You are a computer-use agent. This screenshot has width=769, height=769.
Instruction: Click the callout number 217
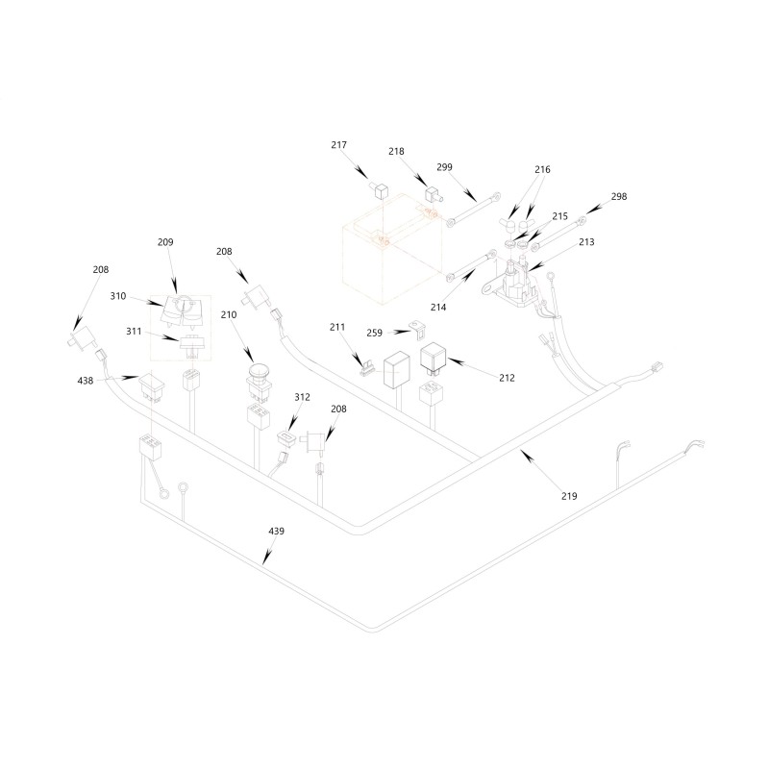(x=339, y=145)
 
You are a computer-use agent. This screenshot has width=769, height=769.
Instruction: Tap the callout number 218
(x=396, y=151)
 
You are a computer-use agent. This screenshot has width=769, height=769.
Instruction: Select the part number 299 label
(x=444, y=166)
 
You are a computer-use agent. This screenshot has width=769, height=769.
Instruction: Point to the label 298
(x=619, y=196)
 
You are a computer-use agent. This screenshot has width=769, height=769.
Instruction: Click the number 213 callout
(x=586, y=242)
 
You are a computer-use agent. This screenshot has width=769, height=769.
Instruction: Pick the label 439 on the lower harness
(x=277, y=531)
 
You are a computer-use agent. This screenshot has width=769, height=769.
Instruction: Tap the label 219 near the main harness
(x=569, y=496)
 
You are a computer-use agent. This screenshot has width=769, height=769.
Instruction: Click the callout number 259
(x=374, y=333)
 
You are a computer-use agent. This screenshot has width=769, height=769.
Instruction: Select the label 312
(x=302, y=397)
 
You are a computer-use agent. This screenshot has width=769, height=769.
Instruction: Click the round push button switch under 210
(x=260, y=378)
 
